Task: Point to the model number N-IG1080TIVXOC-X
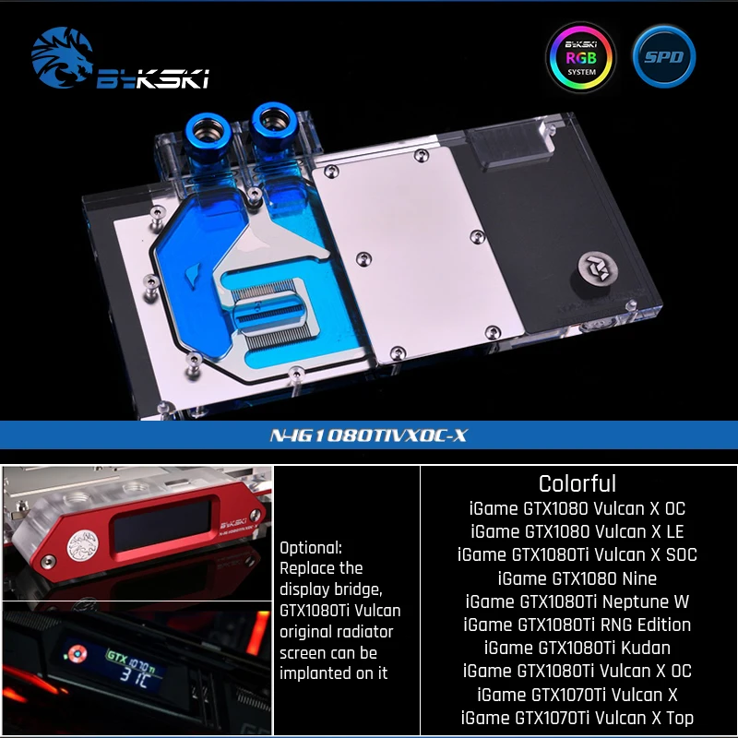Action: [369, 434]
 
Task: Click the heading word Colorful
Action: [577, 483]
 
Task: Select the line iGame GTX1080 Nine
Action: [577, 578]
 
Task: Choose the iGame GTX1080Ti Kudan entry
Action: [577, 648]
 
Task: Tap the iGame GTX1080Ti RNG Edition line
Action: [577, 625]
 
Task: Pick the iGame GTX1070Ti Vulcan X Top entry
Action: [577, 718]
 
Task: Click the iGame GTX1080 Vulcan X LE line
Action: [577, 531]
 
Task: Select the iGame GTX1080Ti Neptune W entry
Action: [577, 601]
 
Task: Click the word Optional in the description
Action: [311, 547]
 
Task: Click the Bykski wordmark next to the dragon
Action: [152, 78]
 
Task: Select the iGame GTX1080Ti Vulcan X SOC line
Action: [577, 554]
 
